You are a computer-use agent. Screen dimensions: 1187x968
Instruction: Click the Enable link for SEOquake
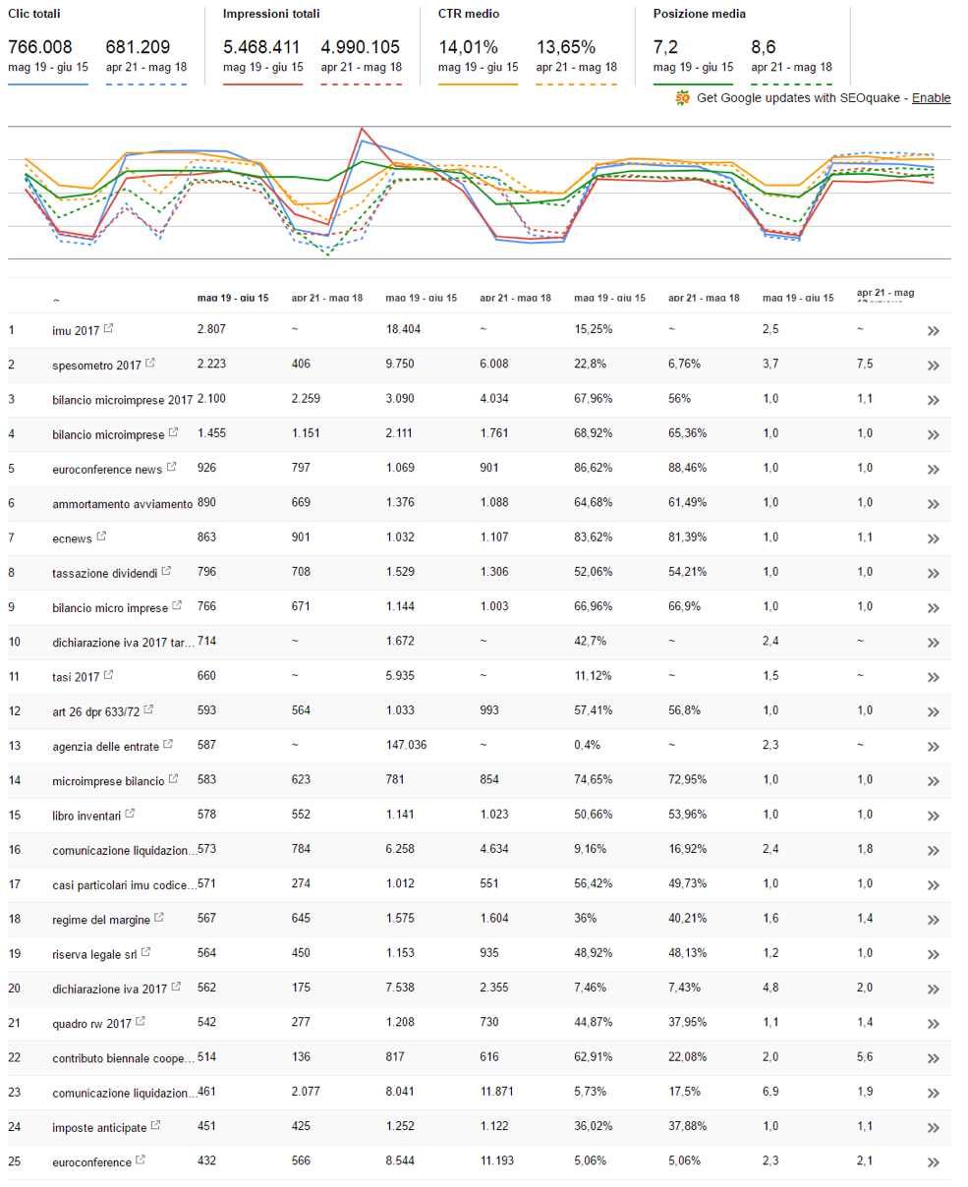[x=931, y=98]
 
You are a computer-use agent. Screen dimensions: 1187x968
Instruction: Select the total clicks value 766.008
[x=40, y=47]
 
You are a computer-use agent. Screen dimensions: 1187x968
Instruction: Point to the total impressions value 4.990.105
[x=360, y=47]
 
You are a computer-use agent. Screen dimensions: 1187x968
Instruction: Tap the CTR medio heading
[x=467, y=14]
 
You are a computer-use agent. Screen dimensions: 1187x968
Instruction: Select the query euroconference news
[x=106, y=469]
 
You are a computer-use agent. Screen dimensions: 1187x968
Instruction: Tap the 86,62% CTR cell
[x=594, y=469]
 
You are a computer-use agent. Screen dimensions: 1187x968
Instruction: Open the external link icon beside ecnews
[x=100, y=537]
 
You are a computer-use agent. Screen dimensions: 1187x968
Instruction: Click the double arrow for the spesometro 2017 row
[x=933, y=366]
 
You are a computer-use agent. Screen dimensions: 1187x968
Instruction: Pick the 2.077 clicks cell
[x=308, y=1093]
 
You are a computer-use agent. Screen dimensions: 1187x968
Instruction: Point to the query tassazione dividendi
[x=104, y=573]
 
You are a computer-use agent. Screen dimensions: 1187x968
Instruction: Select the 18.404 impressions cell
[x=403, y=330]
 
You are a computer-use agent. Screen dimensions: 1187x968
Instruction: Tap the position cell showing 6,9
[x=770, y=1093]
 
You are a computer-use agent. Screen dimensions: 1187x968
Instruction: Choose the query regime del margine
[x=101, y=920]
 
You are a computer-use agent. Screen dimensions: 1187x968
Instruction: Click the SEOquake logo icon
[x=683, y=98]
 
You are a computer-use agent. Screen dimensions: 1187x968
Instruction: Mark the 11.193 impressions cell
[x=499, y=1161]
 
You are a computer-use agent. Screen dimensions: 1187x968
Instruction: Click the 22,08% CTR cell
[x=687, y=1057]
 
